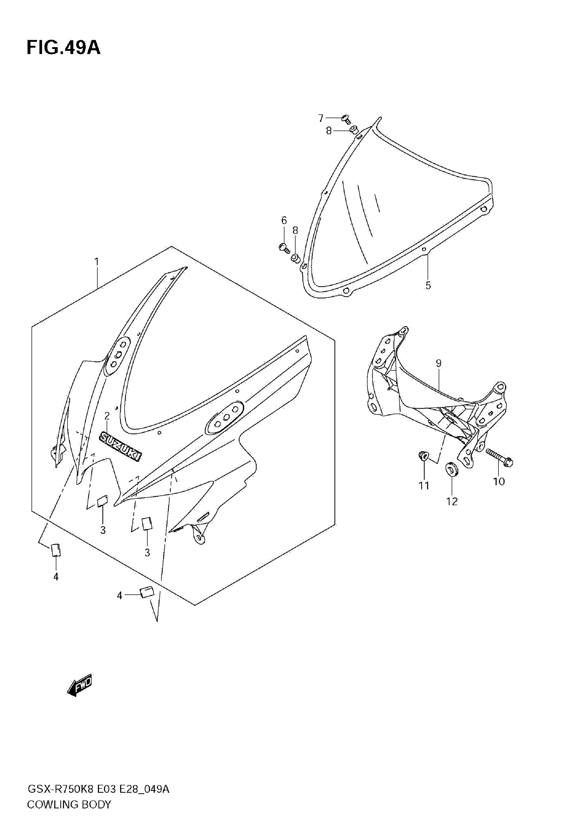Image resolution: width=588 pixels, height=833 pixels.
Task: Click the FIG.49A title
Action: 64,48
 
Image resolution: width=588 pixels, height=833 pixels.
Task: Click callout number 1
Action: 97,262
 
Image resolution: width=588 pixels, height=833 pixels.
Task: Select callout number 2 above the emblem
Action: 107,416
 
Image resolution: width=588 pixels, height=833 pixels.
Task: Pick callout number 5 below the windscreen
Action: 428,285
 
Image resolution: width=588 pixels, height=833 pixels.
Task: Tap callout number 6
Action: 284,220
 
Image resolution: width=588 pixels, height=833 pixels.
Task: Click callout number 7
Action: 321,118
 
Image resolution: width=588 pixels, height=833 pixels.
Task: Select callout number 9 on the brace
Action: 439,363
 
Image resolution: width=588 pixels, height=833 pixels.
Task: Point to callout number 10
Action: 499,482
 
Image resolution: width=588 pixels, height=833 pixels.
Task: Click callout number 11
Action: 424,485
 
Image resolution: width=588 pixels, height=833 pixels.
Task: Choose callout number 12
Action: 452,501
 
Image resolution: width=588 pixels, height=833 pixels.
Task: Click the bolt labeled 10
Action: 499,458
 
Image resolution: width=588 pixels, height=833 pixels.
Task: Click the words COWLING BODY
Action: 69,805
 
